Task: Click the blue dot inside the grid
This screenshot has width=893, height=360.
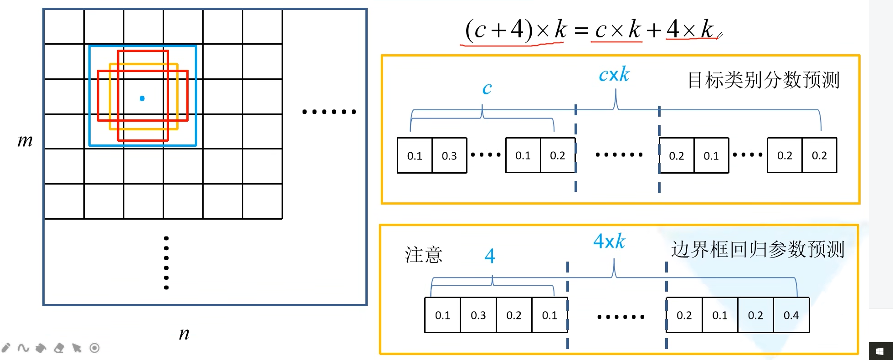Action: [x=142, y=98]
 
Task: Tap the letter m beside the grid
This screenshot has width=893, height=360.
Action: [x=25, y=141]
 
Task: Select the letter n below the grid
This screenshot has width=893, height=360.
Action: [x=184, y=334]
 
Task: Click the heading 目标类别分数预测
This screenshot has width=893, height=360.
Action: [x=763, y=80]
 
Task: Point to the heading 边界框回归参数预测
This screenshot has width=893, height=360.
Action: [x=758, y=250]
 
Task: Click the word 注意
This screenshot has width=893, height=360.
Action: [x=424, y=255]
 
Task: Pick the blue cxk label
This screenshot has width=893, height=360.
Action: [x=614, y=75]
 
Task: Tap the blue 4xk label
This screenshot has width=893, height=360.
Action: [x=609, y=242]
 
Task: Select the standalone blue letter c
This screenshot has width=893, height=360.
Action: [x=487, y=88]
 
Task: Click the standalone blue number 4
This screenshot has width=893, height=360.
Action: [x=490, y=256]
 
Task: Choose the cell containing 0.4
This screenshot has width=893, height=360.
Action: [x=791, y=315]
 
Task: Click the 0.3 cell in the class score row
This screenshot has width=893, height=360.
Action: [x=449, y=156]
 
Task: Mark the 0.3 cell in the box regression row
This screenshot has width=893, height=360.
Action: [x=478, y=315]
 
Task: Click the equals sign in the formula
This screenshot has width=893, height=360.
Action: [x=581, y=31]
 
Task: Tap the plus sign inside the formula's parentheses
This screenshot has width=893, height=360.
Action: [x=498, y=31]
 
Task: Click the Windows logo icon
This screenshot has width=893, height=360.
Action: [x=880, y=351]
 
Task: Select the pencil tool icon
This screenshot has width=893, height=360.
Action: [x=6, y=348]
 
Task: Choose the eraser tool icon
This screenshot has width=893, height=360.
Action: [x=59, y=348]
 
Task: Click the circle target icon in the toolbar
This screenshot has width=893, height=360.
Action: [x=94, y=348]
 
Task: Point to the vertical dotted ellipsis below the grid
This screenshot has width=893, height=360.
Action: [x=166, y=263]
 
